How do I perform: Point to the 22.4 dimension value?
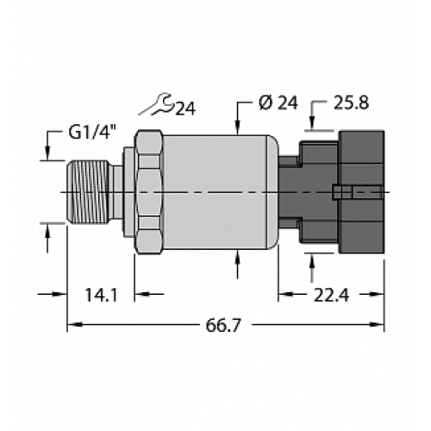point(331,295)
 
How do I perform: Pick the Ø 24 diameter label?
point(276,107)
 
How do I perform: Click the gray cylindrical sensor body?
point(215,189)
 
